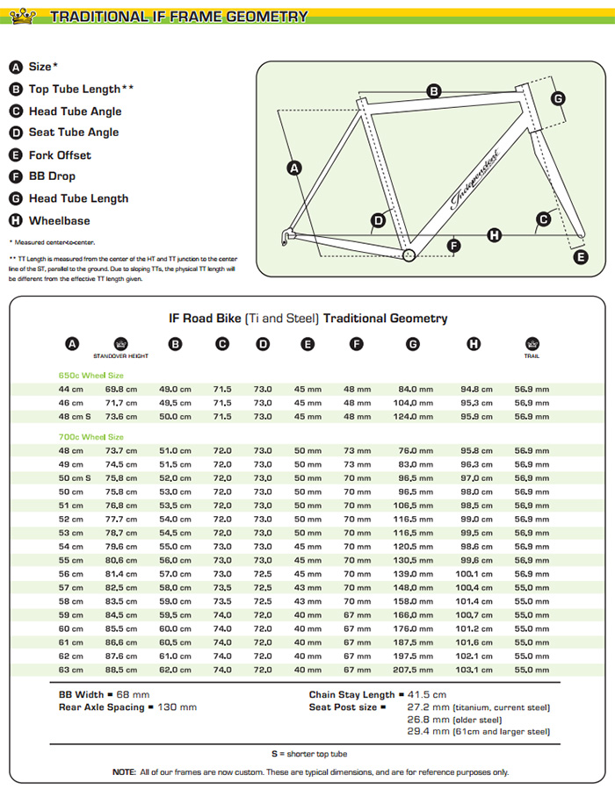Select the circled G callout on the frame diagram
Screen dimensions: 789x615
click(558, 98)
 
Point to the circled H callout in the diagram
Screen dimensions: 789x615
click(495, 234)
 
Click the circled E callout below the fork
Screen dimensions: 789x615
click(580, 256)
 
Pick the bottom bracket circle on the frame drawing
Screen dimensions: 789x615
click(408, 255)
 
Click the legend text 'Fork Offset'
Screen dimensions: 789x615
click(60, 154)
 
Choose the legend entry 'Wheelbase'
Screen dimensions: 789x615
click(59, 220)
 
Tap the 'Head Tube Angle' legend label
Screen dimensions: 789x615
click(75, 111)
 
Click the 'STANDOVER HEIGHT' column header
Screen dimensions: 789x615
click(121, 355)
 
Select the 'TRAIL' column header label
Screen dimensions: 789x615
click(531, 355)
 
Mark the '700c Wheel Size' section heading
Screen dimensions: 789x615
click(90, 436)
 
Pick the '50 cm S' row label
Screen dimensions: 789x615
click(75, 477)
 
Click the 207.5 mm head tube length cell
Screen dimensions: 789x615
click(414, 670)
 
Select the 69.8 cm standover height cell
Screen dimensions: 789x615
click(120, 388)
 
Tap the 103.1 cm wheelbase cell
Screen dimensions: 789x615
click(474, 670)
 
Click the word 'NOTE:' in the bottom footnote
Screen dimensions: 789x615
click(124, 771)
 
